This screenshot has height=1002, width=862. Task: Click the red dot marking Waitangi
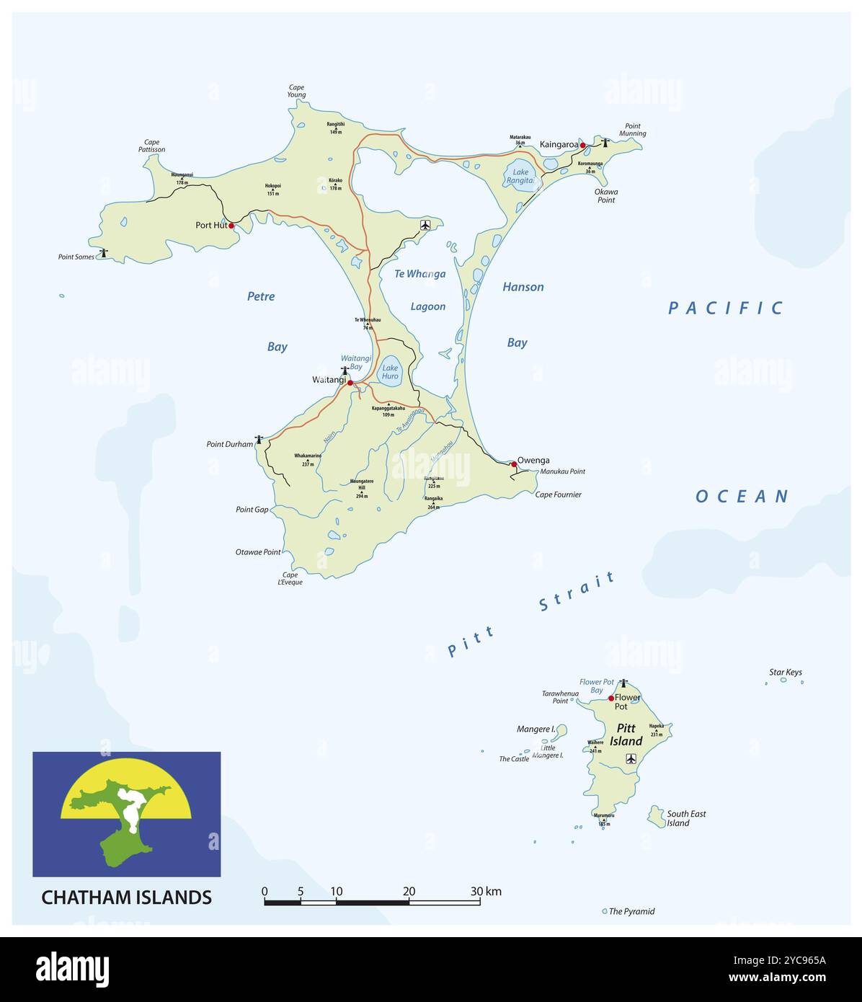[350, 383]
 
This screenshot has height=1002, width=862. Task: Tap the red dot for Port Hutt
[231, 226]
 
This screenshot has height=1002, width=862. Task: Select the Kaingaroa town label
[559, 145]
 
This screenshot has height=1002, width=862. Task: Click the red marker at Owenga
[514, 464]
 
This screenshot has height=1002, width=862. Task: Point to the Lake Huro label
[390, 372]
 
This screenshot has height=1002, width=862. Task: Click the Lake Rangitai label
[520, 177]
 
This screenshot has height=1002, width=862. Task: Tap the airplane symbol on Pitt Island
[631, 758]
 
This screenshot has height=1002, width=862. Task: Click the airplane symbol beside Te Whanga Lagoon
[425, 226]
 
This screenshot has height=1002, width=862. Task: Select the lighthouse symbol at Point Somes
[105, 253]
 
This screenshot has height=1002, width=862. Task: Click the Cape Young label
[296, 91]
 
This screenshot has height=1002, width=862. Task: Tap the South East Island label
[686, 818]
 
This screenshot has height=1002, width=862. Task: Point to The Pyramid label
[631, 911]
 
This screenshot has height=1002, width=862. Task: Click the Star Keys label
[785, 673]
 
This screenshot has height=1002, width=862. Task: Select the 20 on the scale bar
[409, 891]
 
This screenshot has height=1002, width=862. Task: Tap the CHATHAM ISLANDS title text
[126, 897]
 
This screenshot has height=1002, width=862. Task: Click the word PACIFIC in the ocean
[725, 309]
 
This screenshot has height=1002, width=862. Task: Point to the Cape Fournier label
[558, 495]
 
